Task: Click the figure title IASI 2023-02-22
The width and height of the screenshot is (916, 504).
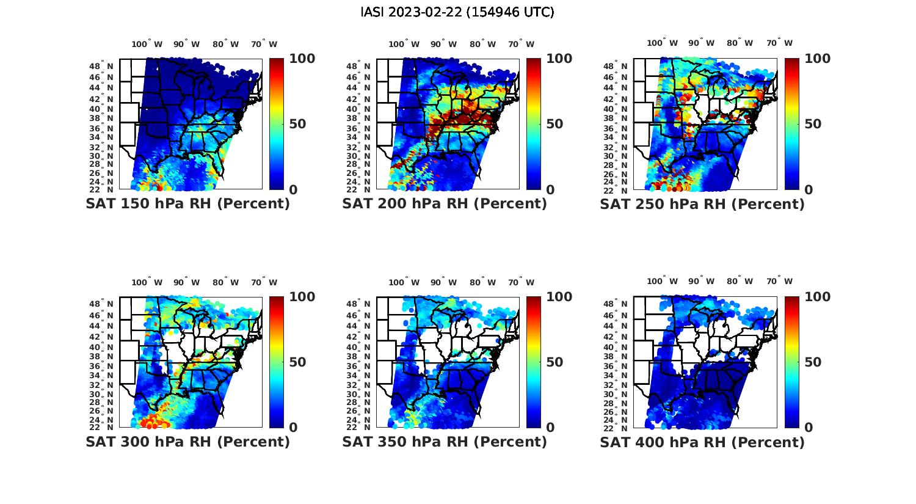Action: pos(457,12)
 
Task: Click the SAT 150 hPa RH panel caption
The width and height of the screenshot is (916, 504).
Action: pos(188,204)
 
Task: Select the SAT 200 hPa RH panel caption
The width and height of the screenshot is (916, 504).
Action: pos(445,204)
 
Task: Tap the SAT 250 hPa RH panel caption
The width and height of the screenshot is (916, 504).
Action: pos(702,204)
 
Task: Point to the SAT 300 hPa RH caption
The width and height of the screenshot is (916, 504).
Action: pos(188,442)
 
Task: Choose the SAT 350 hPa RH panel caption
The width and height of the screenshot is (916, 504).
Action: pos(445,442)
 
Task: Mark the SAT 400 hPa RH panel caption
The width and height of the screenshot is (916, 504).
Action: pos(702,442)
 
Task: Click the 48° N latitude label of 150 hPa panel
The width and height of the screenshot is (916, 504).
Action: pos(102,67)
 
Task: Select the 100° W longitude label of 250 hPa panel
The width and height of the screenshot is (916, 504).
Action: pos(663,43)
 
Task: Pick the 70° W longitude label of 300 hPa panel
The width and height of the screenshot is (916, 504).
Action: pos(264,282)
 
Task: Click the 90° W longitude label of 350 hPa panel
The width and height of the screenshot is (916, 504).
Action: pos(444,282)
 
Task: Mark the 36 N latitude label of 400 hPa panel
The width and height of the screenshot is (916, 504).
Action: pos(616,367)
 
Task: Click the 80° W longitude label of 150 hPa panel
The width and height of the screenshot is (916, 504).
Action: pos(226,44)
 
